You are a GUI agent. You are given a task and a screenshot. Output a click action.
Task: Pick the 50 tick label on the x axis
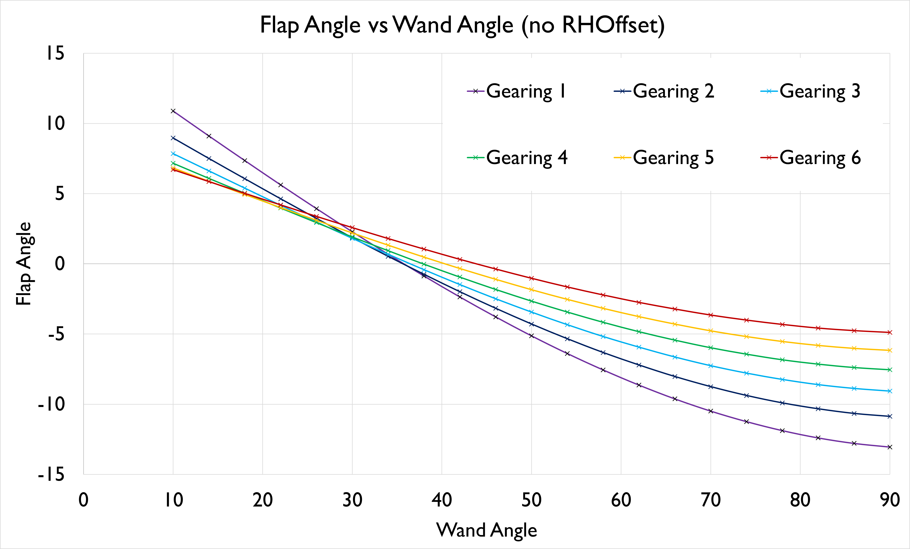point(531,500)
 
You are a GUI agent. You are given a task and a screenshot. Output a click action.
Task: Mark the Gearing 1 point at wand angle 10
point(173,111)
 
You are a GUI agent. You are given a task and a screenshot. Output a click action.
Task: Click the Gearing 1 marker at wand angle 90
point(890,447)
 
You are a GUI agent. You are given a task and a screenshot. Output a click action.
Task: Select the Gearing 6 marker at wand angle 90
point(890,332)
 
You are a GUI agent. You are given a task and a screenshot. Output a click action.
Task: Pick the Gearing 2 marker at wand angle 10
point(173,138)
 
